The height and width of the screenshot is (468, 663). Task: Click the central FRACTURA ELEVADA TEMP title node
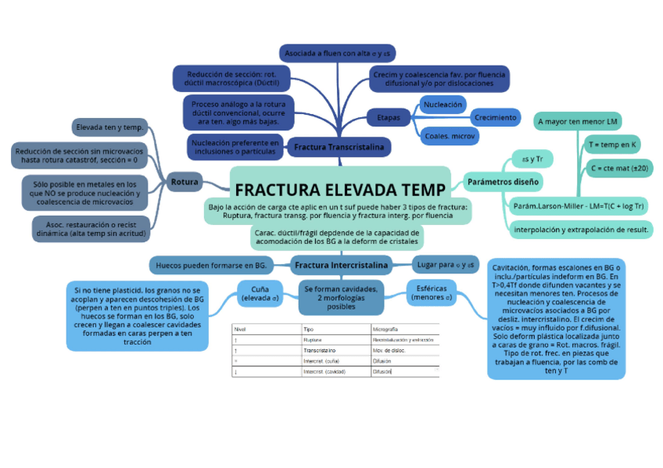pyautogui.click(x=340, y=190)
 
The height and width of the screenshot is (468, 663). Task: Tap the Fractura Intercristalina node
pyautogui.click(x=341, y=266)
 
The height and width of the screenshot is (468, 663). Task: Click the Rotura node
pyautogui.click(x=185, y=183)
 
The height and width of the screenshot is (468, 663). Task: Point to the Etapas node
pyautogui.click(x=389, y=117)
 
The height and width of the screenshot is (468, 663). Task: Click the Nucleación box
pyautogui.click(x=443, y=104)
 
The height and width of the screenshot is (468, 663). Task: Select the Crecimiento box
pyautogui.click(x=496, y=117)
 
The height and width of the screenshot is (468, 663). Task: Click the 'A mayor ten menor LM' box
pyautogui.click(x=578, y=122)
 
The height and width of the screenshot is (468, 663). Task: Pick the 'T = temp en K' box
pyautogui.click(x=613, y=145)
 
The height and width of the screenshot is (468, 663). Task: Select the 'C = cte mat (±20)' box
pyautogui.click(x=621, y=168)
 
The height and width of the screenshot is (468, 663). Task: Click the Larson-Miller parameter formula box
pyautogui.click(x=579, y=206)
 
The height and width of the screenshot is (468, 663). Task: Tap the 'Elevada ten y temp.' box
pyautogui.click(x=109, y=127)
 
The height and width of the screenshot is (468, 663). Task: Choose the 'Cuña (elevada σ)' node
pyautogui.click(x=260, y=293)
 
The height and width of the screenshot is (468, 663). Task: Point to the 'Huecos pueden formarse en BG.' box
pyautogui.click(x=211, y=266)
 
